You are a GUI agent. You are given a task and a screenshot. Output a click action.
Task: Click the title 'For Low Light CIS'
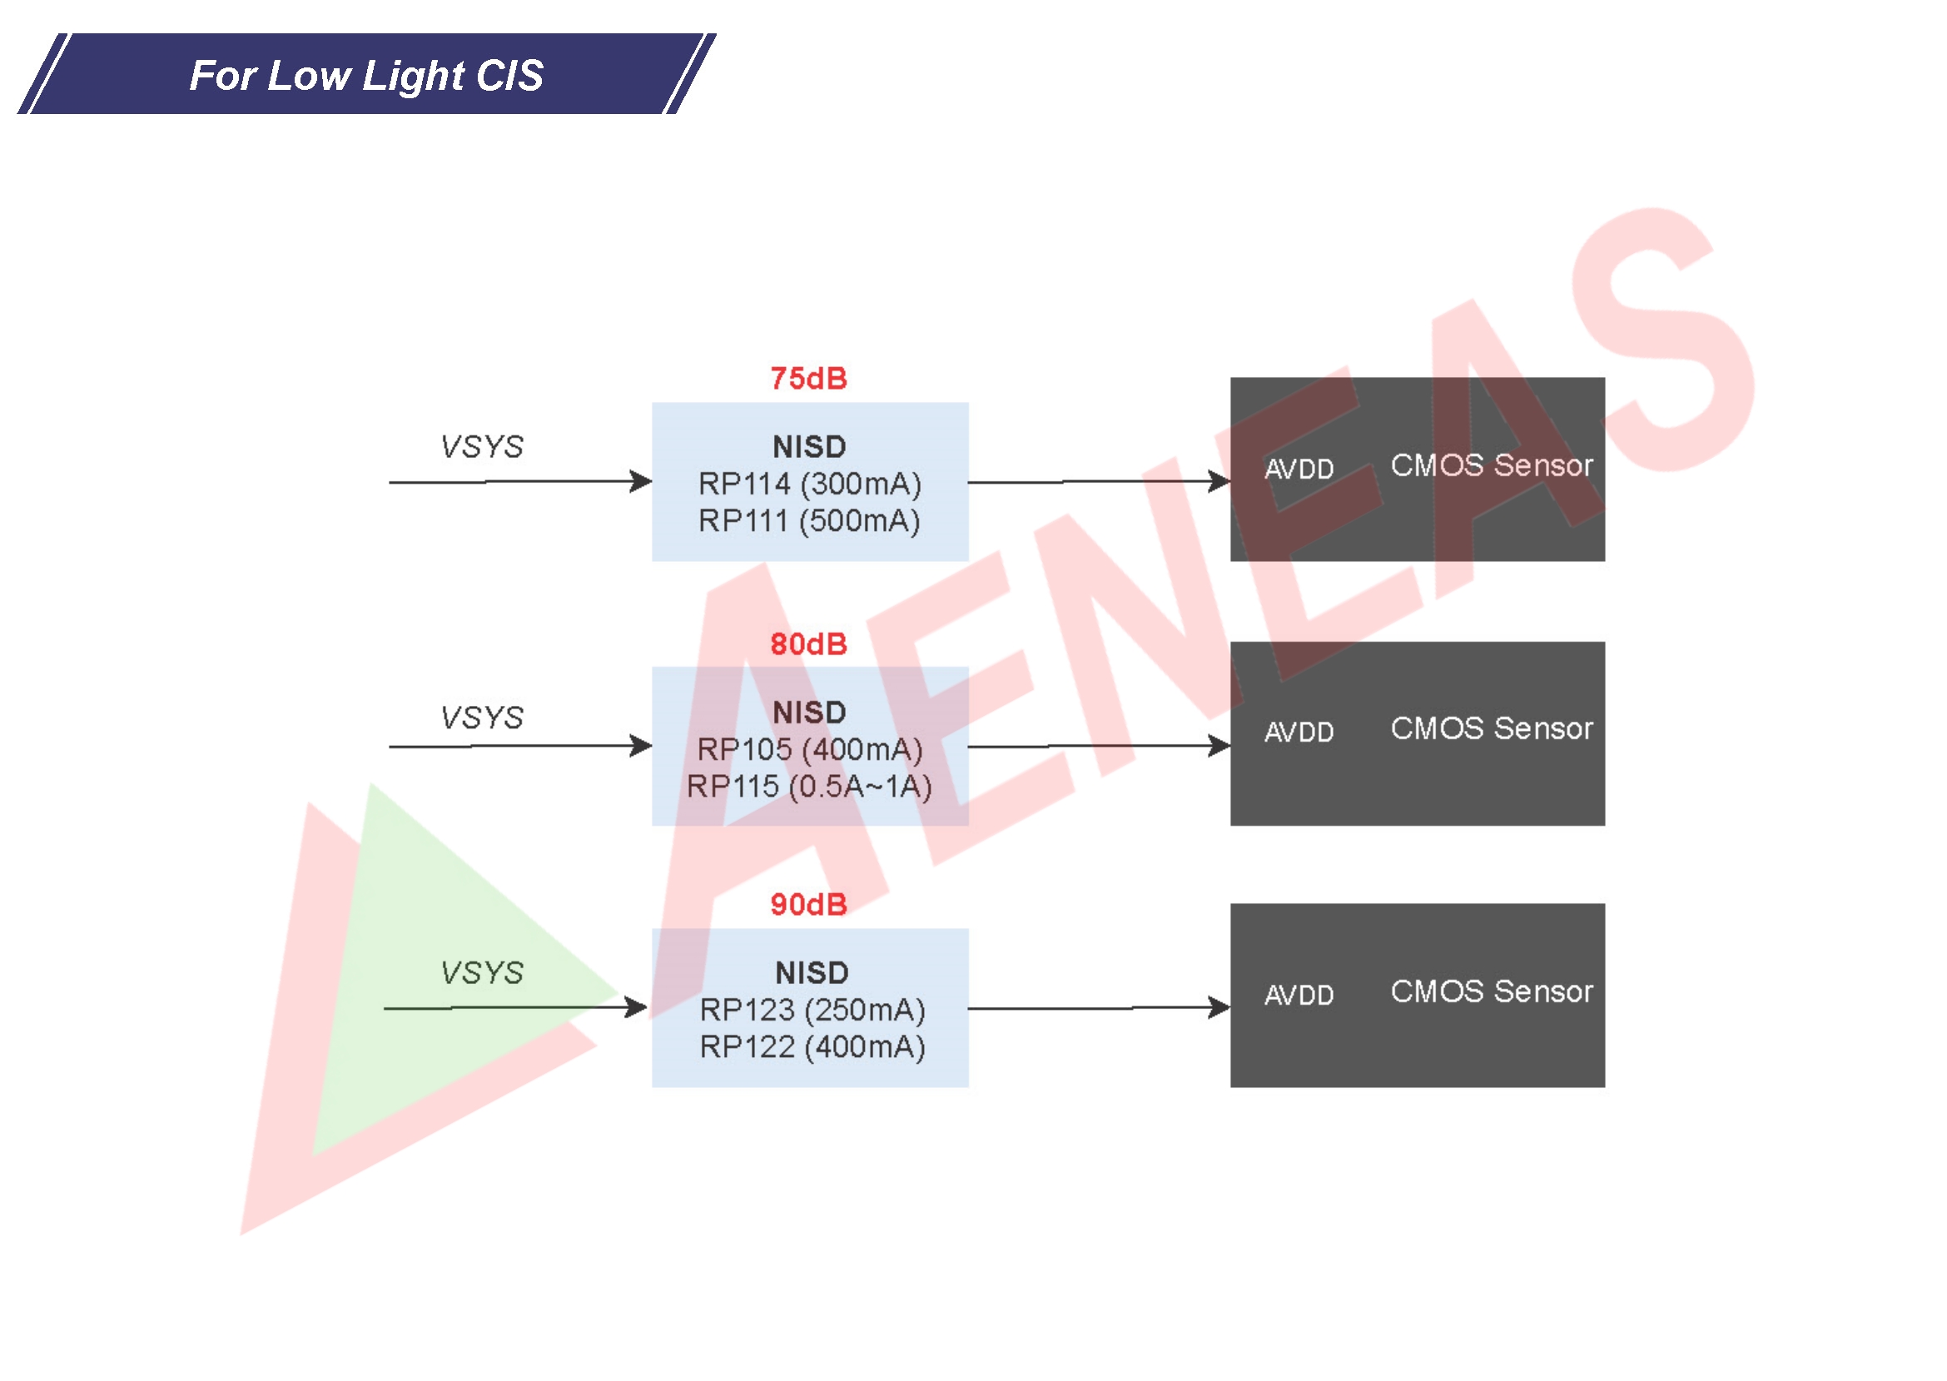click(x=365, y=75)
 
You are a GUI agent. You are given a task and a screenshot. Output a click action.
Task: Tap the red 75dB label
click(x=807, y=379)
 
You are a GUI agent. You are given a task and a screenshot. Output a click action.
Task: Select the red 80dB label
click(x=807, y=643)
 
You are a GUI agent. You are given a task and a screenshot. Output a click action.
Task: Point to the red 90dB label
click(x=807, y=904)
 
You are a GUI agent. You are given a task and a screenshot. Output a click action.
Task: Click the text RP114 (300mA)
click(x=809, y=484)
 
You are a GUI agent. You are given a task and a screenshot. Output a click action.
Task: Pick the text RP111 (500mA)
click(x=809, y=520)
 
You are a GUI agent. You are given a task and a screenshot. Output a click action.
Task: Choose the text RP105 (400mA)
click(x=809, y=749)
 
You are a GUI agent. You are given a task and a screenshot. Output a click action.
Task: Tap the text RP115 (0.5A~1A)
click(x=809, y=787)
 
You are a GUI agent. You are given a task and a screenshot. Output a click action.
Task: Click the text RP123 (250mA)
click(x=812, y=1010)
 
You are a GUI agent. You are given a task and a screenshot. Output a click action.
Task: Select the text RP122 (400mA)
click(x=812, y=1047)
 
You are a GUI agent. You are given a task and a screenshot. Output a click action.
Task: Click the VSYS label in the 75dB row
click(x=481, y=446)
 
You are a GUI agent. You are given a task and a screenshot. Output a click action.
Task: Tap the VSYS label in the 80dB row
click(x=481, y=717)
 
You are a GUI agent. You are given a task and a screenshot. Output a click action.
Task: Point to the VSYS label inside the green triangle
click(x=481, y=972)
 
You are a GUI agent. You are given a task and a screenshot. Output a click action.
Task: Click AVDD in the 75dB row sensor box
click(x=1299, y=469)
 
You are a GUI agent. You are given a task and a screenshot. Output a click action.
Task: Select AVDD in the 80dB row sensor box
click(x=1299, y=732)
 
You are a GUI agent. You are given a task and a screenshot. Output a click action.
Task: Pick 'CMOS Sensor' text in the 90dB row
click(x=1491, y=991)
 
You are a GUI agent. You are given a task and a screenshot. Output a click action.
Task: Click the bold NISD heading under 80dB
click(x=808, y=712)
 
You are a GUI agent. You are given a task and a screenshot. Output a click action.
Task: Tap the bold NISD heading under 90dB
click(x=811, y=972)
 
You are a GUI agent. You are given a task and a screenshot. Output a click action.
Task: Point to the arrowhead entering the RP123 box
click(x=636, y=1008)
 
